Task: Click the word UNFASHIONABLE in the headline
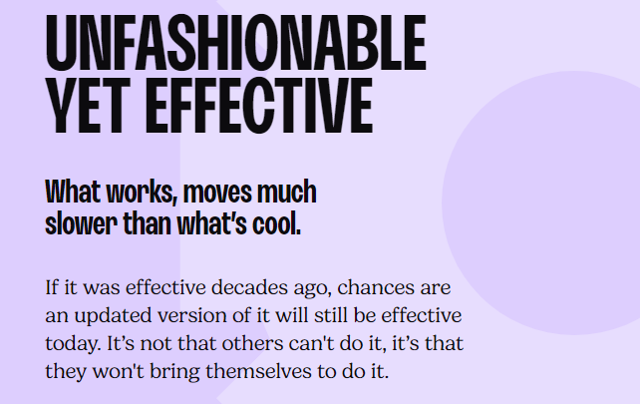236,43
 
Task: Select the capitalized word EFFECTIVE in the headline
259,106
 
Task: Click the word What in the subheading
73,192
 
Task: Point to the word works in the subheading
142,192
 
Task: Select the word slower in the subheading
81,223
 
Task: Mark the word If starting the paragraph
52,287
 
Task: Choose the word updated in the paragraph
113,316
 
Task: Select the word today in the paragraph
73,344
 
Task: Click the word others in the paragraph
252,343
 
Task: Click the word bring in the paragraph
174,372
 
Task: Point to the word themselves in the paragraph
258,371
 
